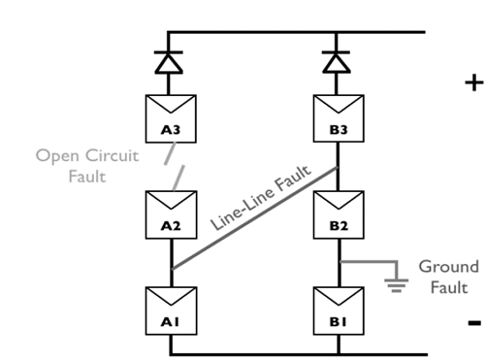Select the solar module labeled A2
pyautogui.click(x=171, y=213)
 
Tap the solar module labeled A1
pyautogui.click(x=171, y=308)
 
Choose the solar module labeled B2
pyautogui.click(x=338, y=213)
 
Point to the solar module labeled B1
pyautogui.click(x=338, y=308)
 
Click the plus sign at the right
pyautogui.click(x=473, y=82)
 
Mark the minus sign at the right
pyautogui.click(x=473, y=321)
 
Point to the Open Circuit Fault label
pyautogui.click(x=74, y=164)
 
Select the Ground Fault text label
pyautogui.click(x=448, y=277)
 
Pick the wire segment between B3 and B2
pyautogui.click(x=338, y=165)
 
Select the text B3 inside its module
pyautogui.click(x=338, y=130)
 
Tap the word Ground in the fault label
pyautogui.click(x=448, y=266)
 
